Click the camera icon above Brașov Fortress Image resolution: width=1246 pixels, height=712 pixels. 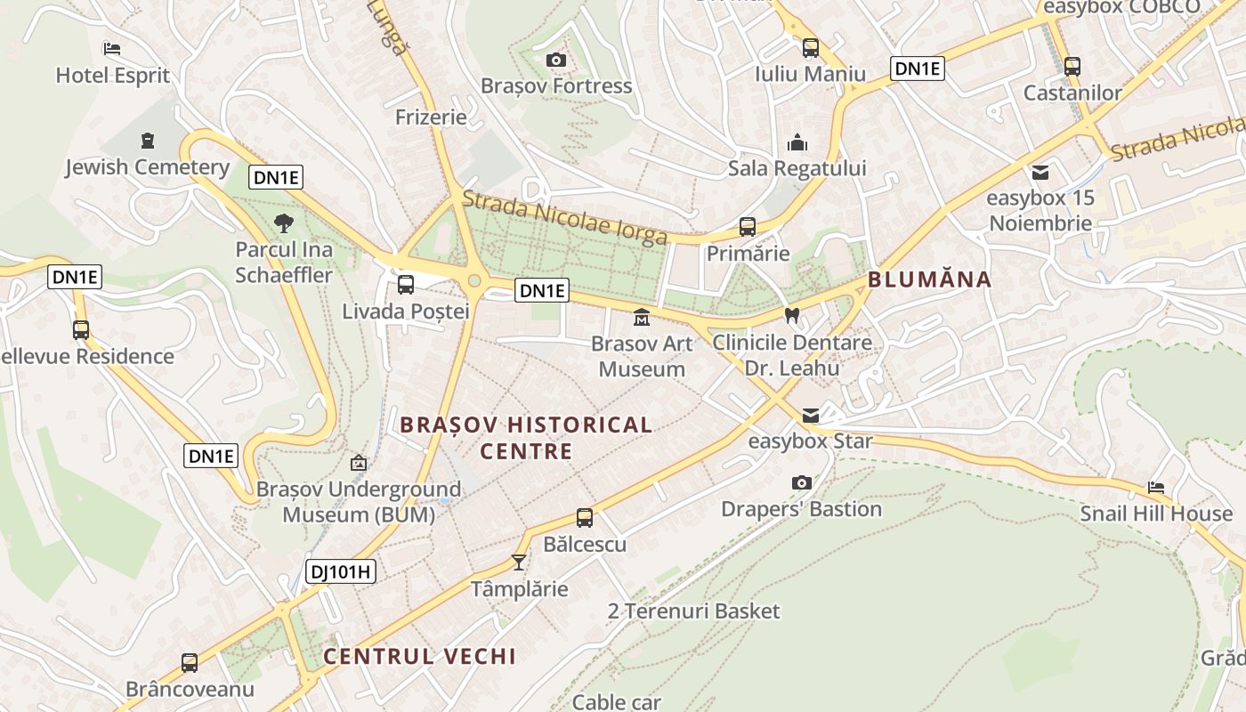click(x=556, y=60)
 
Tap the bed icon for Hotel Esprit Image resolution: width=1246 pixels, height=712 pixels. click(x=111, y=48)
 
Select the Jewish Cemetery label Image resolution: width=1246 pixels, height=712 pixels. click(x=147, y=166)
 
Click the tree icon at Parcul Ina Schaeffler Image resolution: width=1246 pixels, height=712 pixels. click(x=284, y=222)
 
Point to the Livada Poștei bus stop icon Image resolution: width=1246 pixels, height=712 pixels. click(x=406, y=285)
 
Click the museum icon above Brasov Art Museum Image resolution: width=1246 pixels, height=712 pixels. click(x=641, y=317)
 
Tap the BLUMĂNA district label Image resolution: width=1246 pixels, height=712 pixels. click(x=929, y=279)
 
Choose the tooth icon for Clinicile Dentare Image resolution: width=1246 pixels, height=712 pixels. click(x=792, y=315)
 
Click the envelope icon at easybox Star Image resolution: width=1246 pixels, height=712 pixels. click(x=811, y=416)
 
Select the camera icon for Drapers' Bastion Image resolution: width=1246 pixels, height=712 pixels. click(x=802, y=482)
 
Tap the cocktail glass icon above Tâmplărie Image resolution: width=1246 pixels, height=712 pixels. click(x=519, y=562)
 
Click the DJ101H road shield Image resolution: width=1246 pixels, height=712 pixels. click(x=341, y=571)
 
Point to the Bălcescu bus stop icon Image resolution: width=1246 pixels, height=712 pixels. click(x=585, y=517)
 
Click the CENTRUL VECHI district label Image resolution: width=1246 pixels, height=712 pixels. click(x=419, y=657)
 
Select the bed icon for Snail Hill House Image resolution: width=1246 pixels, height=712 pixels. click(x=1156, y=487)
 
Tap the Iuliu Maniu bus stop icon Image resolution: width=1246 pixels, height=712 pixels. click(x=810, y=48)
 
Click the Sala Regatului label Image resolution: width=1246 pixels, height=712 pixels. click(x=797, y=168)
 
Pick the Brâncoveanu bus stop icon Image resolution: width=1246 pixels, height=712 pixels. click(x=190, y=662)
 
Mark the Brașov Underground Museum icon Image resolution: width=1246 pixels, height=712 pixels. click(x=359, y=463)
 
